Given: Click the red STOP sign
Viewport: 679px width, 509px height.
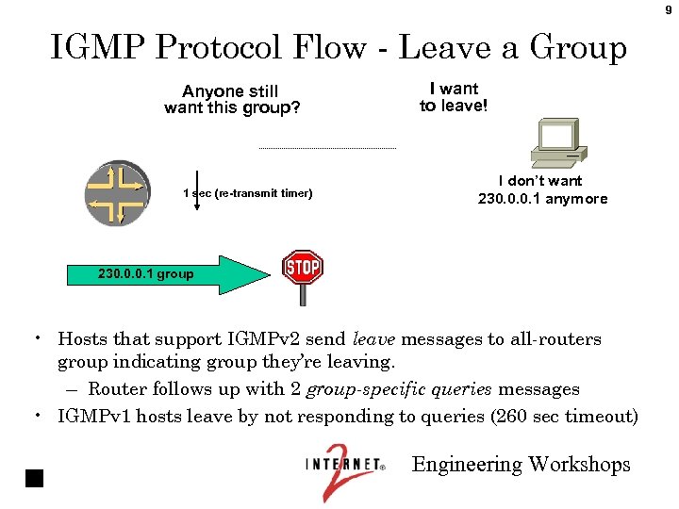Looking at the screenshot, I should click(303, 268).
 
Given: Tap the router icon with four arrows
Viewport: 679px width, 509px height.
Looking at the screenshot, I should click(116, 194).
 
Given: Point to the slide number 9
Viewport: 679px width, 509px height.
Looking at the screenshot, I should click(669, 9).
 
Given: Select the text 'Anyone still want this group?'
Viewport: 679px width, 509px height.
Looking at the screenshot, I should click(232, 99).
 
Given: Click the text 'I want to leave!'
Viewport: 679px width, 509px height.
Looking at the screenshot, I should click(454, 97).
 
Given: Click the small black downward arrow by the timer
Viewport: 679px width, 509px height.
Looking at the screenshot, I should click(196, 189).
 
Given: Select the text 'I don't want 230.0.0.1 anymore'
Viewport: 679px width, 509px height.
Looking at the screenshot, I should click(542, 189).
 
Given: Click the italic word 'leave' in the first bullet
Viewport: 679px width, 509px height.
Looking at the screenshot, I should click(373, 339).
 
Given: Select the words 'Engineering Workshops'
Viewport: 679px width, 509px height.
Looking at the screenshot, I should click(521, 464).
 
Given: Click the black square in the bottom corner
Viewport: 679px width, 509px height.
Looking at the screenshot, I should click(35, 477).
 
